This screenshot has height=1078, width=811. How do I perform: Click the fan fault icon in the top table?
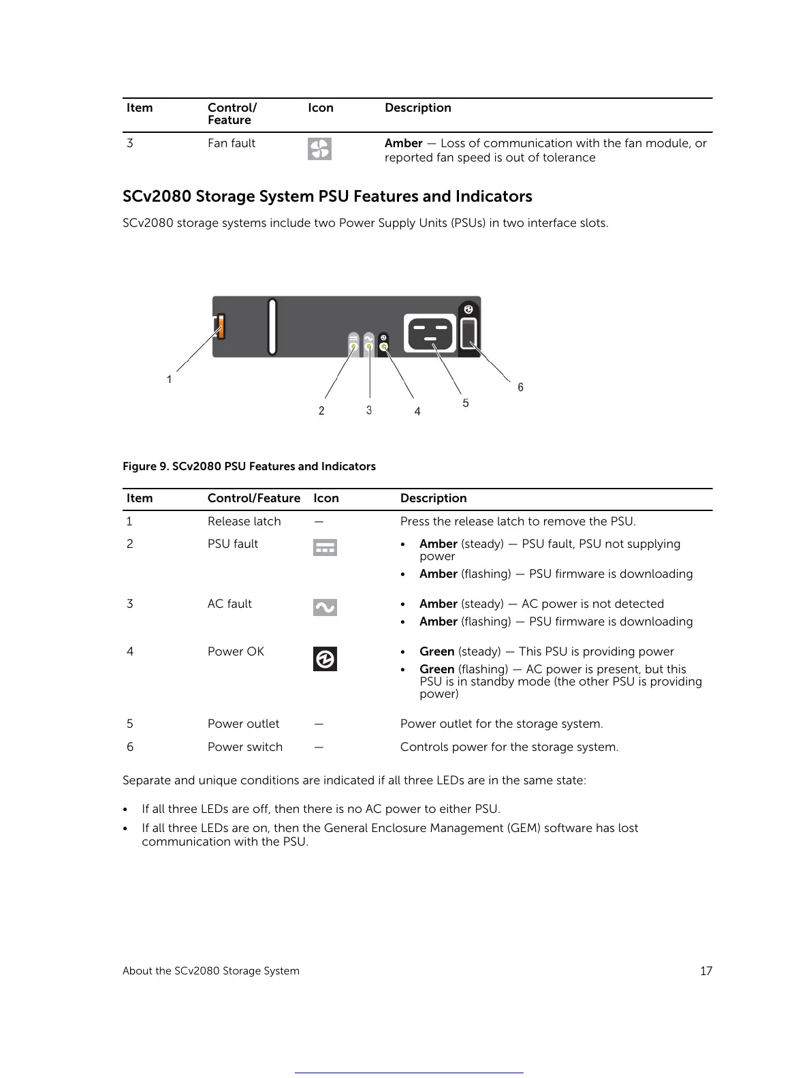click(319, 149)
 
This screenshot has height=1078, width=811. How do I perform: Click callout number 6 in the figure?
click(520, 387)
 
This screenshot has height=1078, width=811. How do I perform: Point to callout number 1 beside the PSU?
click(169, 379)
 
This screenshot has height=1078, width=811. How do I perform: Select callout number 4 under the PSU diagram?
click(417, 412)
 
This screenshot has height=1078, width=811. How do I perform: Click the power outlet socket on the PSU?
click(430, 333)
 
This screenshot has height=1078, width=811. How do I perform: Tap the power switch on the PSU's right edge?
click(469, 334)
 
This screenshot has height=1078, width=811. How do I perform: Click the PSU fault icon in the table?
click(325, 547)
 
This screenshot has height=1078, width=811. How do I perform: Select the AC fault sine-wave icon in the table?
click(325, 607)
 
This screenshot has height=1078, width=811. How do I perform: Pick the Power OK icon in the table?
click(325, 659)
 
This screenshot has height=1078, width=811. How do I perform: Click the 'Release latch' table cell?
click(244, 521)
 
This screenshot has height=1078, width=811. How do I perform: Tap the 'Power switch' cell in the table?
click(244, 747)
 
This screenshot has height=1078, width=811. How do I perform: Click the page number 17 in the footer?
click(706, 971)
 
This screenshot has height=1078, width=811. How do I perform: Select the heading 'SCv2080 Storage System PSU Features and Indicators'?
click(327, 196)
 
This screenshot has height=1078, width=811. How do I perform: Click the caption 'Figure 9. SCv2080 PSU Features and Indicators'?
click(249, 466)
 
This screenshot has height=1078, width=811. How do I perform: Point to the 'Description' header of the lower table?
click(433, 498)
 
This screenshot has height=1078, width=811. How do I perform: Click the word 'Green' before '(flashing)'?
click(436, 669)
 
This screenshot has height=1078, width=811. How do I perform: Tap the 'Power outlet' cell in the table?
click(243, 724)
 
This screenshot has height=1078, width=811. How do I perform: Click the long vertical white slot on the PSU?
click(272, 326)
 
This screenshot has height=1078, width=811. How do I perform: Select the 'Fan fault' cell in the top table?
click(231, 143)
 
